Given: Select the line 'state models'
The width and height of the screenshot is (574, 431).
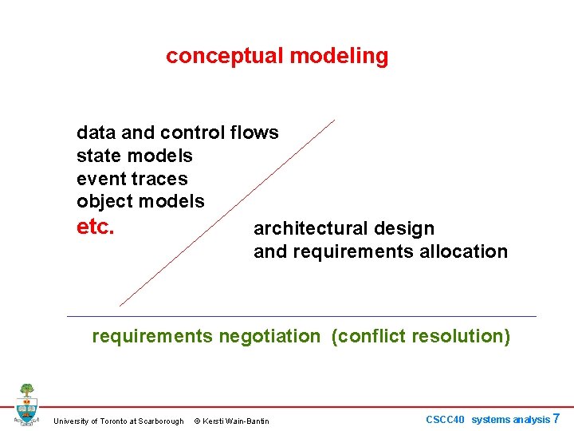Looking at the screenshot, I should (x=135, y=156).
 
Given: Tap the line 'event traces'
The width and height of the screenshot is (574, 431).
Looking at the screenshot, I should (x=132, y=179).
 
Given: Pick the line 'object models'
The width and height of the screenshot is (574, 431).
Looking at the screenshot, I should (x=140, y=201).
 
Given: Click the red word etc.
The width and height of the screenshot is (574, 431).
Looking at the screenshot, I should (x=96, y=227).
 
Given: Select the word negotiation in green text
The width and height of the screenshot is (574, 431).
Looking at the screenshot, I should (x=268, y=336).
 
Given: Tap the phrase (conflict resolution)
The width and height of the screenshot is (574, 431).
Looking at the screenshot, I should (x=420, y=336).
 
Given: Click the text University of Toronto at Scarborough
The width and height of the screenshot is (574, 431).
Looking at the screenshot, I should (x=118, y=421).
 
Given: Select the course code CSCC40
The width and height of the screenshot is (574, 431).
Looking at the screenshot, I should (x=445, y=419).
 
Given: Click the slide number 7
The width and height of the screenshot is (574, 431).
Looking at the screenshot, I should (x=556, y=418).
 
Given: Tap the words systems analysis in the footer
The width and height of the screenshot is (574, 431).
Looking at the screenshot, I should (x=510, y=419).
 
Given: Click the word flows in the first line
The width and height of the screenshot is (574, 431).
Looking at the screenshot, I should (x=254, y=132).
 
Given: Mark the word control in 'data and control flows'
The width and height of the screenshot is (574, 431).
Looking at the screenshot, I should (x=195, y=132).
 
